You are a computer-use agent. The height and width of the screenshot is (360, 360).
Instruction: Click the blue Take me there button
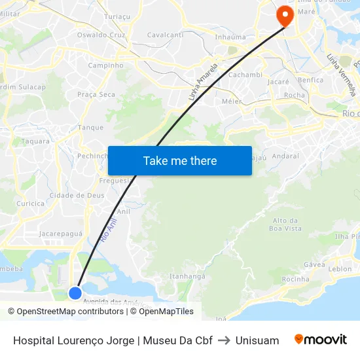tap(180, 160)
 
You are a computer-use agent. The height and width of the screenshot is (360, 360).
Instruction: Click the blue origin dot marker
tap(75, 293)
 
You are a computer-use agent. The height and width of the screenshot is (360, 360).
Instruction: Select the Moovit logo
tap(321, 340)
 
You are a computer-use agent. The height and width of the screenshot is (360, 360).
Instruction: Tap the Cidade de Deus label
tap(77, 195)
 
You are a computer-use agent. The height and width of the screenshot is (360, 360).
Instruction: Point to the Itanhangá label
tap(188, 276)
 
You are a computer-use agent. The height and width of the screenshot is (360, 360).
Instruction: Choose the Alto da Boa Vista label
tap(286, 225)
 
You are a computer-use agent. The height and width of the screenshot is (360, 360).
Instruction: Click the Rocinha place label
tap(295, 279)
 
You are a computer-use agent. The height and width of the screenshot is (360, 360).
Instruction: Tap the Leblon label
tap(340, 269)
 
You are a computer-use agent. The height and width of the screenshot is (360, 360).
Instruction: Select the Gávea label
tap(315, 264)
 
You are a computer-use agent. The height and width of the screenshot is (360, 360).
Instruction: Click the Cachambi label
tap(245, 75)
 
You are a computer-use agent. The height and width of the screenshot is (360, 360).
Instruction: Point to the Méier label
tap(232, 101)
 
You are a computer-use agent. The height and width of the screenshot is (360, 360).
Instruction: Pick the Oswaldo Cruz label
tap(101, 35)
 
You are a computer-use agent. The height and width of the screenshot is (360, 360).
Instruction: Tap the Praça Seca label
tap(96, 95)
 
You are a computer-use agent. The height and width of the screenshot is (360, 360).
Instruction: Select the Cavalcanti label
tap(165, 35)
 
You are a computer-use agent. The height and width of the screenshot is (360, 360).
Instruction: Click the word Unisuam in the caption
tap(257, 340)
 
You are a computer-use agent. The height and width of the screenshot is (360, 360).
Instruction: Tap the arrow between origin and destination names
tap(224, 340)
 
